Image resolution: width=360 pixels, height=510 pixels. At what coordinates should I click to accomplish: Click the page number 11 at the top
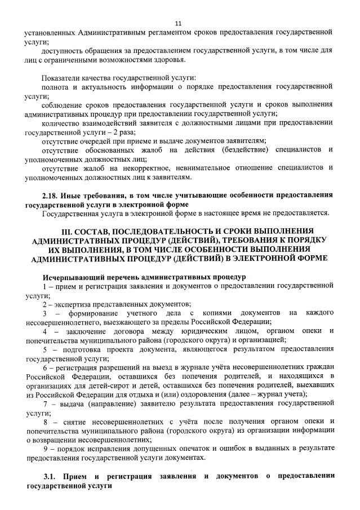coord(179,23)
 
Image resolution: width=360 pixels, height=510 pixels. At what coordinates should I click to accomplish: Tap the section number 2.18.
coord(51,195)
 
